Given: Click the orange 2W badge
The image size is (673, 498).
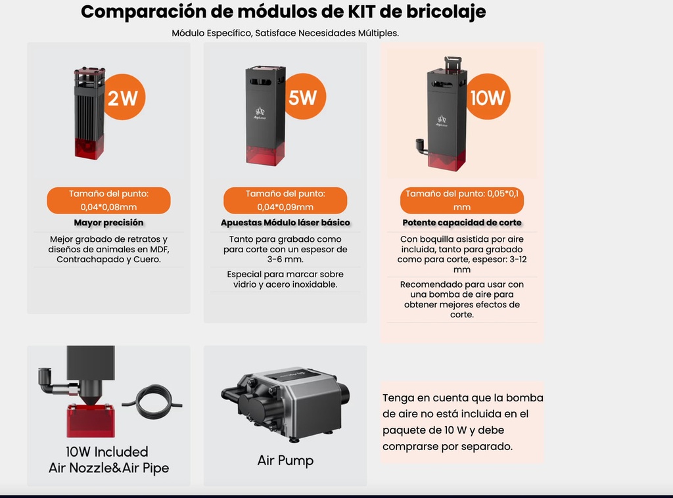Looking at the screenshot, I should point(123,98).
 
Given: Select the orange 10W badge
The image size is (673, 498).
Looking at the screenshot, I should point(488,98).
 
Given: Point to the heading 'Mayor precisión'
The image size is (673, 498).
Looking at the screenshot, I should point(108,223).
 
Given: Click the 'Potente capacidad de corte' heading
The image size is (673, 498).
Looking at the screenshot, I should point(461,223).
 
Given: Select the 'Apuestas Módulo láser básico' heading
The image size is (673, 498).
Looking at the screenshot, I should point(285,223).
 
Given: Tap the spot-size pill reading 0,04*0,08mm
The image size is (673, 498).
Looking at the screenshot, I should point(108,200).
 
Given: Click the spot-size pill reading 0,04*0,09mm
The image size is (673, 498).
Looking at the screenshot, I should point(285,200).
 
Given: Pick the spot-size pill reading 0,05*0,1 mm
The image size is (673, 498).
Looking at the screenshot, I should point(461,200).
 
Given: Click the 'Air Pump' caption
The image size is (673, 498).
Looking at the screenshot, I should point(285,460).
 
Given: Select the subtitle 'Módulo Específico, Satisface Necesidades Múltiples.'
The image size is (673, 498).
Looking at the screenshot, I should point(285,33).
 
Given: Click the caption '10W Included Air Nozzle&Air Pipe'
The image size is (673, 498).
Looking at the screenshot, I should point(108,460).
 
